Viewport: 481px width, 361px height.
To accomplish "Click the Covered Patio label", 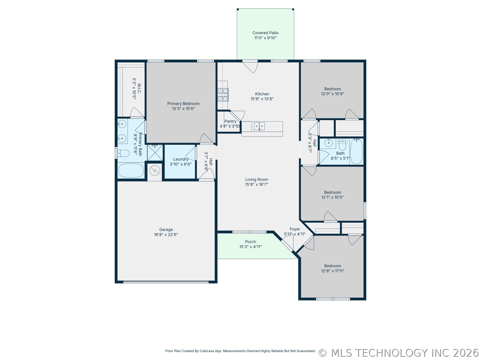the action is point(265,33).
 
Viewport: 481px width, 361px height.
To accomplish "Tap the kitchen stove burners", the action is point(223,95).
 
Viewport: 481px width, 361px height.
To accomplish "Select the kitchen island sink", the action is point(259,126).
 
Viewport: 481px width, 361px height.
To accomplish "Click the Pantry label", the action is point(230,121).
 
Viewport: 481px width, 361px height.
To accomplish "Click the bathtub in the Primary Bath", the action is point(131,170).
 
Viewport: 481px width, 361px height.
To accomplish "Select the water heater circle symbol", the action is point(155,170).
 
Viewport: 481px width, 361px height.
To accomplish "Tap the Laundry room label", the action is point(181,159).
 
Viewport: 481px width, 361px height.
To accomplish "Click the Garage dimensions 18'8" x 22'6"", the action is point(166,235).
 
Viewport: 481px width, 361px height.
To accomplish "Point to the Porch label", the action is point(251,242).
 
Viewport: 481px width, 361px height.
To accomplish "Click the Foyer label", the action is point(295,229).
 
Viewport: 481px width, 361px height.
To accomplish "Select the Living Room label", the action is point(256,179).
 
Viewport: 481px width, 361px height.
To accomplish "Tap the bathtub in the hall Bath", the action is point(356,151).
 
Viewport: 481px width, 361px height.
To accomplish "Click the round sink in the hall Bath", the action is point(329,143).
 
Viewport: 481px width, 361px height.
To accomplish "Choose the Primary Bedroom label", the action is point(184,104).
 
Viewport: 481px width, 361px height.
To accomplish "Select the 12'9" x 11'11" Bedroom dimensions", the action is point(333,271).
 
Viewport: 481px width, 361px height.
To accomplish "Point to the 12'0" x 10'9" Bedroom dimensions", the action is point(333,94).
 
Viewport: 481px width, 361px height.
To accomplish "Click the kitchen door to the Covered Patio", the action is point(250,66).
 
